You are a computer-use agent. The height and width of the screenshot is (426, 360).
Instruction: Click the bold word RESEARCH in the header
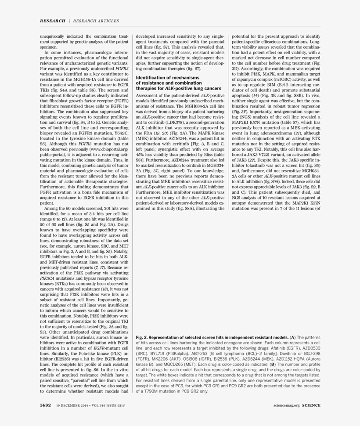coord(52,21)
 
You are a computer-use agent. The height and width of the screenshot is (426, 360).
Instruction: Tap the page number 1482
coord(46,405)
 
